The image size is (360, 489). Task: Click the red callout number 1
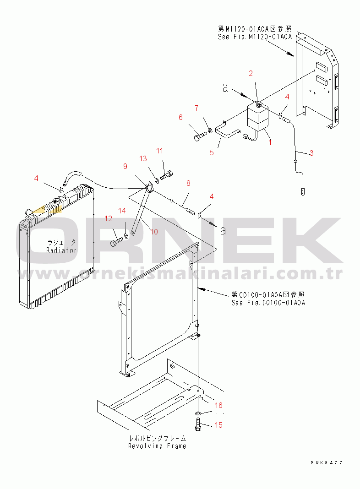coord(270,142)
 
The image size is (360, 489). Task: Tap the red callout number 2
coord(251,73)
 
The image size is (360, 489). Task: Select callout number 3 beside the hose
coord(311,153)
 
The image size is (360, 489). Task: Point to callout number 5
coord(212,152)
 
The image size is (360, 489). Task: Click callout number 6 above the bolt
coord(180,118)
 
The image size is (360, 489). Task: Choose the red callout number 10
coord(154,232)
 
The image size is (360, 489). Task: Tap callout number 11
coord(159,151)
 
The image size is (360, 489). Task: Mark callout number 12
coord(108,219)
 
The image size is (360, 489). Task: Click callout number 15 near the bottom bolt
coord(218,425)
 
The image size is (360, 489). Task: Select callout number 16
coord(218,405)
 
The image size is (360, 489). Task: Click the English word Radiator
coord(61,250)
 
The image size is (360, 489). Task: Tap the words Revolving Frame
coord(157,446)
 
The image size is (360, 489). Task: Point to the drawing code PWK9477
coord(326,463)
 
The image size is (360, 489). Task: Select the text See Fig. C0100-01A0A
coord(268,303)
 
